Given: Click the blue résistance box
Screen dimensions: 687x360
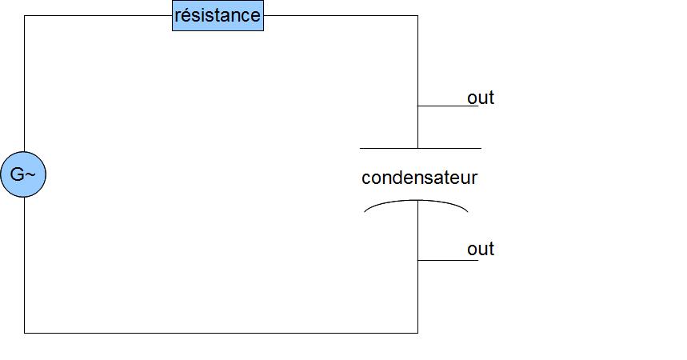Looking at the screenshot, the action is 218,15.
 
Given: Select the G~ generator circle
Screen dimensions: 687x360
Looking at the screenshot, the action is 23,174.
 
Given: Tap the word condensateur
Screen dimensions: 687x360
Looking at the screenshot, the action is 419,178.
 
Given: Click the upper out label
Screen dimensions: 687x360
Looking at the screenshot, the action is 481,98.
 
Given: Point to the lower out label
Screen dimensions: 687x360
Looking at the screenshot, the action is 481,249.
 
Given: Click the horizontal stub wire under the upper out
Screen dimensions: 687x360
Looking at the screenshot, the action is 448,106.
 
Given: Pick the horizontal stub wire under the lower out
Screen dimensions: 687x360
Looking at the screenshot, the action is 448,260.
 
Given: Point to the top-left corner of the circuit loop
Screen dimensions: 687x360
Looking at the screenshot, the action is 24,15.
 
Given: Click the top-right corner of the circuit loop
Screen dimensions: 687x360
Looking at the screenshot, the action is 417,15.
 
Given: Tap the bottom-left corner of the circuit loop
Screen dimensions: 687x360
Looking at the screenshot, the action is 24,332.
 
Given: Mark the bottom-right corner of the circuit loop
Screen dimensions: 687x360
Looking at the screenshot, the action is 417,332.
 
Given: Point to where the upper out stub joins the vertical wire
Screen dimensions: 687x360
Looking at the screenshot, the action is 417,106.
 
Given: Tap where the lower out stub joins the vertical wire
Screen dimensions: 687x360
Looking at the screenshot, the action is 417,260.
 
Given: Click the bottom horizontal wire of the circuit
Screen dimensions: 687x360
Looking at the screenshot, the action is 221,332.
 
